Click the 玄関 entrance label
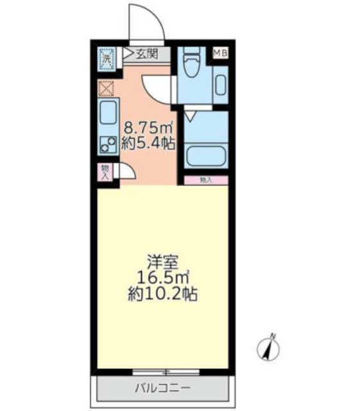[x=145, y=54]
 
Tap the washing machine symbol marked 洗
[x=106, y=59]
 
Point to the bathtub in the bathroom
[x=204, y=157]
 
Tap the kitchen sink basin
[x=107, y=113]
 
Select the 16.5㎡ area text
[x=162, y=277]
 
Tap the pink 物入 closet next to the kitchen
[x=106, y=172]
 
